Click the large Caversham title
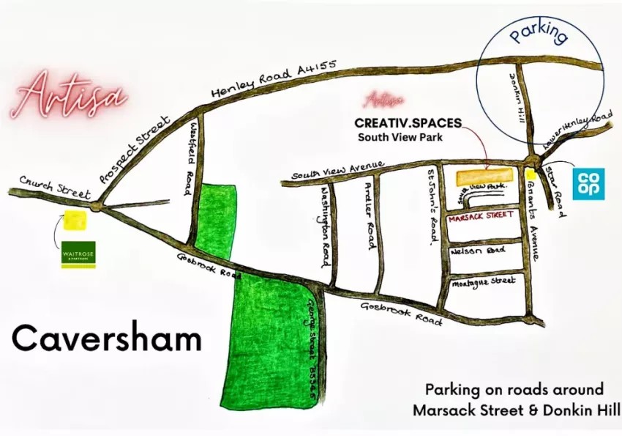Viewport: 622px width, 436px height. (x=106, y=339)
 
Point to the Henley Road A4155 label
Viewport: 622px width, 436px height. (x=273, y=79)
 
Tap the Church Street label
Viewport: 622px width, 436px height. (x=55, y=187)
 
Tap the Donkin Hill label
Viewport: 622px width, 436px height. (x=521, y=103)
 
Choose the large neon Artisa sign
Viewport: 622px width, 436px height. (x=69, y=96)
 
